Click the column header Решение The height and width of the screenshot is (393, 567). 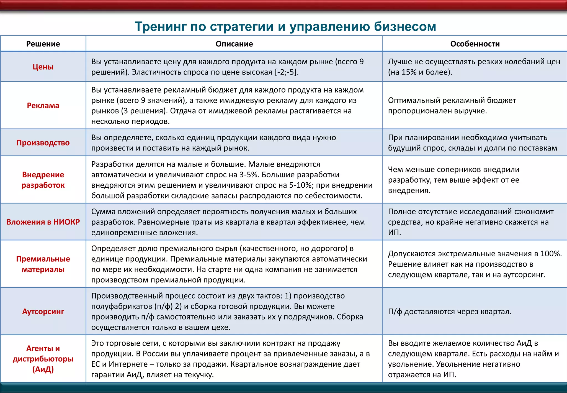[43, 44]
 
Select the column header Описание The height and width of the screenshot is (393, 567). [234, 44]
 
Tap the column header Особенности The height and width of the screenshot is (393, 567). [475, 44]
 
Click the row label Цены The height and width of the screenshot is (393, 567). [43, 67]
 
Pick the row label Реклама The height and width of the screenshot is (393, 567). [43, 106]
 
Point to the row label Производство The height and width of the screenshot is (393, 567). [43, 143]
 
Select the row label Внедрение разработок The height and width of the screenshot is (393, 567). [43, 180]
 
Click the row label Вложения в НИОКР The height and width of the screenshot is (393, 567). [43, 222]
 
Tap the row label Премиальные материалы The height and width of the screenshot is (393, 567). [43, 264]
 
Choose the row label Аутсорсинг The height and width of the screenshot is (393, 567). [43, 312]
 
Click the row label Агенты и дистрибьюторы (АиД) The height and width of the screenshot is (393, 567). [43, 359]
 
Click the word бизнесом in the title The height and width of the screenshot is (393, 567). [405, 27]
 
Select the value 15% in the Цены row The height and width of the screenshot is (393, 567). [409, 72]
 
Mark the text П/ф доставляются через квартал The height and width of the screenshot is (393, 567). [450, 312]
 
